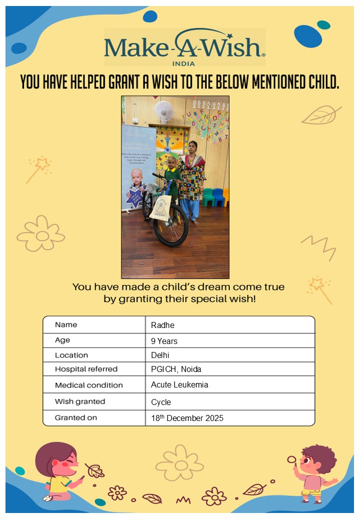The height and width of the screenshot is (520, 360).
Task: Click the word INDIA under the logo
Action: [x=183, y=63]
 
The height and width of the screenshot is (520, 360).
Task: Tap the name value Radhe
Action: [x=162, y=325]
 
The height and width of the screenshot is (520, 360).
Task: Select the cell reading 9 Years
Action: [x=164, y=341]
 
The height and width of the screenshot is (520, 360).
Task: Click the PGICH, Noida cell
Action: [x=176, y=369]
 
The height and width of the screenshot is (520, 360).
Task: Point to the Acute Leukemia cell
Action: [x=179, y=385]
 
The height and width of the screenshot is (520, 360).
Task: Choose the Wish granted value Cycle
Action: [x=161, y=402]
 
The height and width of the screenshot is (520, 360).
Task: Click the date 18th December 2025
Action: [x=187, y=418]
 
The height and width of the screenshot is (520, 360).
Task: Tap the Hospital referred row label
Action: [x=86, y=369]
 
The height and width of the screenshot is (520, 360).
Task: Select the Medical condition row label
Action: [x=88, y=385]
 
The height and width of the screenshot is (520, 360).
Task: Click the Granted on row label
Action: [x=76, y=417]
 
